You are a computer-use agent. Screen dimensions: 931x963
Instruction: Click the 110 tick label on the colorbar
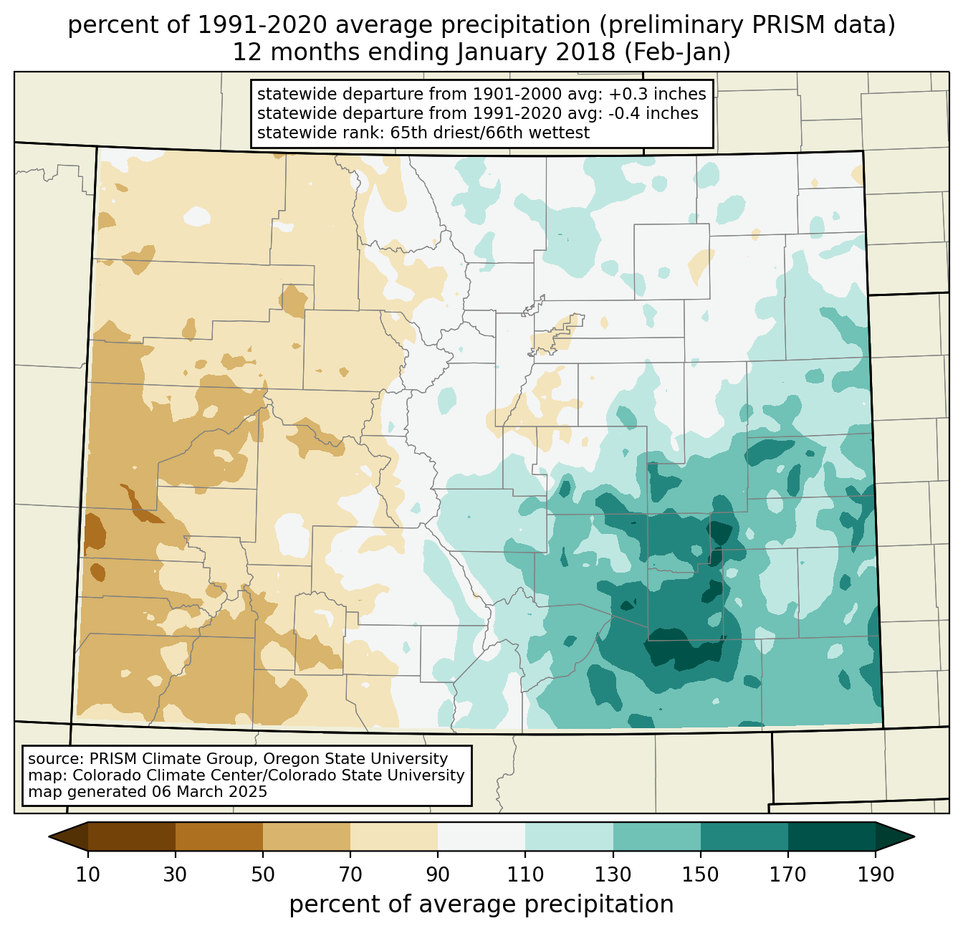525,875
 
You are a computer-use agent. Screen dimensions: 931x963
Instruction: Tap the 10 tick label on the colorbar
88,875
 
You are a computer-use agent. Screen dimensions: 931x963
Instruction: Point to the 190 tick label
875,875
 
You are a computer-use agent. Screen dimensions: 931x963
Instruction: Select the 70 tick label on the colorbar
350,875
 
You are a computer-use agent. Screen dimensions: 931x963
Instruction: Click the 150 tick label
700,875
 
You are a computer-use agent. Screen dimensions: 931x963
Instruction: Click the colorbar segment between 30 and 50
219,836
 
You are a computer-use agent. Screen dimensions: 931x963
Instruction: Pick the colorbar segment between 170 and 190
831,836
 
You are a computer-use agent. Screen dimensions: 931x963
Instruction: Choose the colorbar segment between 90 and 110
481,836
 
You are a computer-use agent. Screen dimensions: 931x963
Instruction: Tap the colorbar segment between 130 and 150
656,836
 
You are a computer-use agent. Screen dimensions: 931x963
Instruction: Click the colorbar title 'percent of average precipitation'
481,904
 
